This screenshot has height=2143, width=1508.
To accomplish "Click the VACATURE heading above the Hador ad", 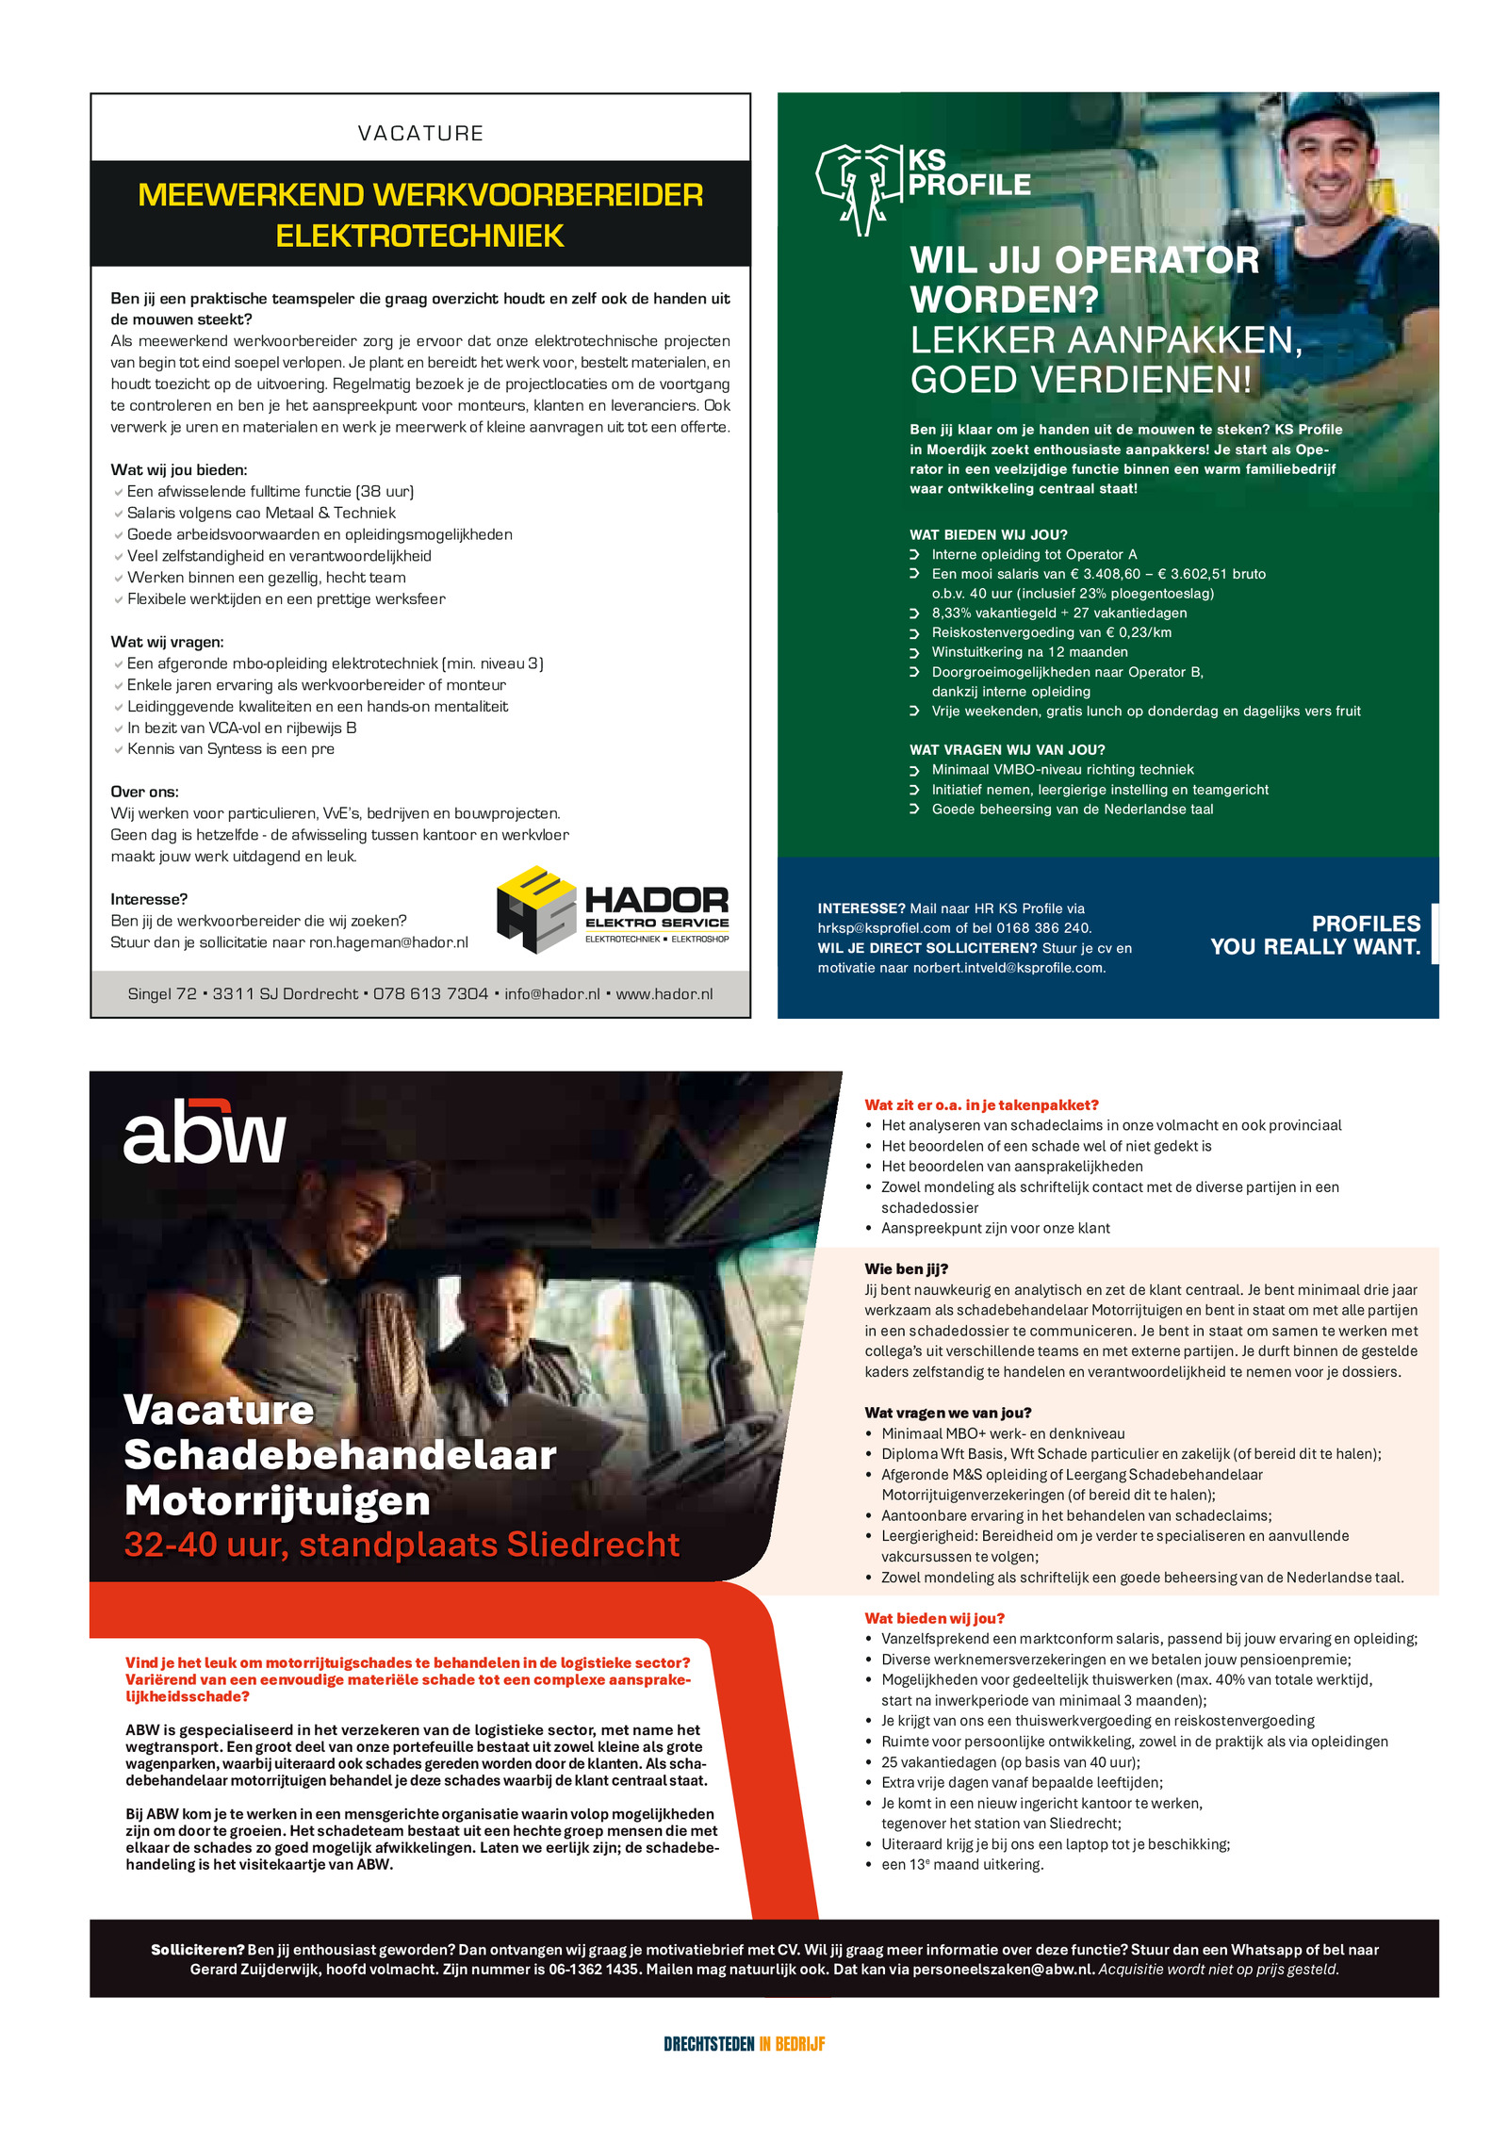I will point(420,133).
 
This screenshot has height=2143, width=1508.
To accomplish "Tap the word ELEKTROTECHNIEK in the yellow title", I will point(420,236).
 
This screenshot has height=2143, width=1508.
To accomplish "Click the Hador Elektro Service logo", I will point(613,909).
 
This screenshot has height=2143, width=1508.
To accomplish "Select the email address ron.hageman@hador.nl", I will point(388,942).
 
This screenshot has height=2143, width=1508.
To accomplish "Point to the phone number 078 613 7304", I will point(431,994).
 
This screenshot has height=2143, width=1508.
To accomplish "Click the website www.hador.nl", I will point(664,994).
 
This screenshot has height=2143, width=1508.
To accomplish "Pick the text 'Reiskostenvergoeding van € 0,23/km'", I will point(1051,632).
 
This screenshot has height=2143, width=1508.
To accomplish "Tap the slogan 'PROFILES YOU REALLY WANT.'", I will point(1315,935).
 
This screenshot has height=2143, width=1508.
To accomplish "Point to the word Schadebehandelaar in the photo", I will point(340,1455).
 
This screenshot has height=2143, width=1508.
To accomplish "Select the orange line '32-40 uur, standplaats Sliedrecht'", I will point(402,1545).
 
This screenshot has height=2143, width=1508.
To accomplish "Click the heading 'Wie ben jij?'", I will point(906,1269).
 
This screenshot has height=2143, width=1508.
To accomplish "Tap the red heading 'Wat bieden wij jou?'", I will point(934,1618).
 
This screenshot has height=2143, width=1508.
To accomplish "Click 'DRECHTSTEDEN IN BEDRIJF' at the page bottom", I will point(744,2044).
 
